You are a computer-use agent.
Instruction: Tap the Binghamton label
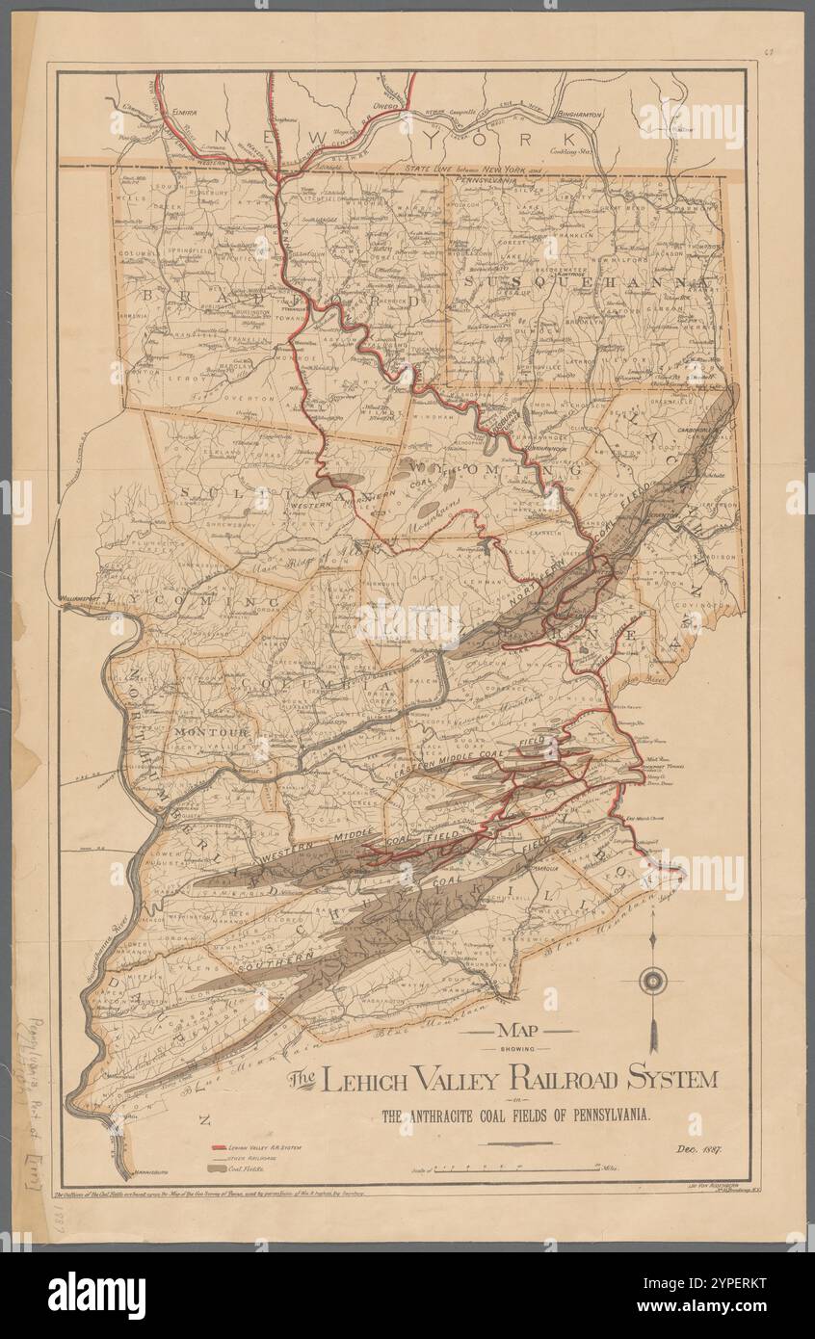click(x=576, y=114)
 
